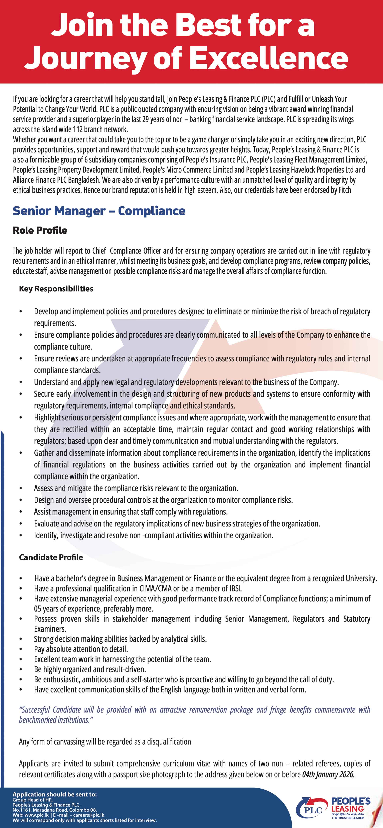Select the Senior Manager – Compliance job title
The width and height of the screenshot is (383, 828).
pos(99,211)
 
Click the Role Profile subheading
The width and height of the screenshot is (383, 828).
pos(40,230)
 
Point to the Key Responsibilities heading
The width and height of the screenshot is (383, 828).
pos(56,289)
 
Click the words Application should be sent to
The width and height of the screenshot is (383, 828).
pos(55,794)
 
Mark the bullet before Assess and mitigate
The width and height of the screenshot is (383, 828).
pos(21,488)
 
